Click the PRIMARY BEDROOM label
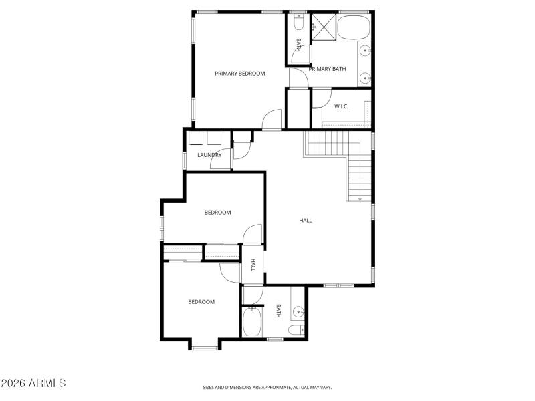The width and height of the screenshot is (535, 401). [x=239, y=74]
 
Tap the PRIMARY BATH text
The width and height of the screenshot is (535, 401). [x=327, y=68]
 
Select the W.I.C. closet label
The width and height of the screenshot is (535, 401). [x=341, y=106]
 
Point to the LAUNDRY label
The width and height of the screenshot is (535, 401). [x=209, y=155]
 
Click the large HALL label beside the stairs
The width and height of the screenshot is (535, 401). [x=305, y=220]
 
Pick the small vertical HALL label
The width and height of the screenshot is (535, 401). [x=253, y=265]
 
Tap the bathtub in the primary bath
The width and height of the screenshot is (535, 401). [x=354, y=28]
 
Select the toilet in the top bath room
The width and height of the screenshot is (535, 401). [x=298, y=25]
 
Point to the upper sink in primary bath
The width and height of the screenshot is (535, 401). [x=365, y=50]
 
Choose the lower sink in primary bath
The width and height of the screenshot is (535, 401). [x=365, y=79]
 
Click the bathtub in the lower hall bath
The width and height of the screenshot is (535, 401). [x=252, y=321]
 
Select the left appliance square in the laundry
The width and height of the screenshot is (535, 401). [x=197, y=138]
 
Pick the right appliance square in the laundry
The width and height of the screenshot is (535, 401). [x=215, y=138]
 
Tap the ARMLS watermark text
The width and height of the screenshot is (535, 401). [x=33, y=384]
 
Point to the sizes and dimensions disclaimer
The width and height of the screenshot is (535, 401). [x=267, y=387]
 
